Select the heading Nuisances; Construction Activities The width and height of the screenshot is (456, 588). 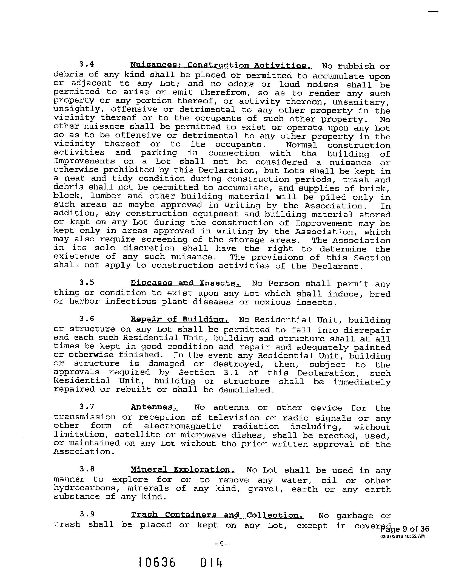point(221,66)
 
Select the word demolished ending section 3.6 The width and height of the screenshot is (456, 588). point(246,390)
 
